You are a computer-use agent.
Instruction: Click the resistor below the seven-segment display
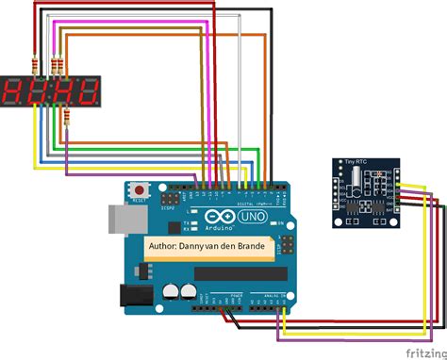(66, 116)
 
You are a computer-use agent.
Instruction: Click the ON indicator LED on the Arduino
(273, 222)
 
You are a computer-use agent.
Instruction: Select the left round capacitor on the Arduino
(172, 292)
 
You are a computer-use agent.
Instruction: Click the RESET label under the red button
(141, 200)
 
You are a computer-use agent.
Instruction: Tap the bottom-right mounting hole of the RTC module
(389, 221)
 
